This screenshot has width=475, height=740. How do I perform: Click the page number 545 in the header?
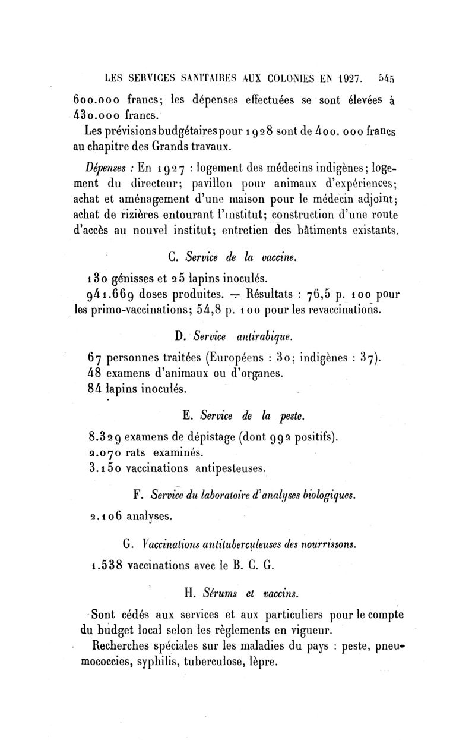coord(385,77)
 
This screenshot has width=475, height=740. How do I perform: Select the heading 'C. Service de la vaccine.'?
coord(232,257)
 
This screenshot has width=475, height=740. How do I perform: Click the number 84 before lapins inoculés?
coord(95,389)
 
